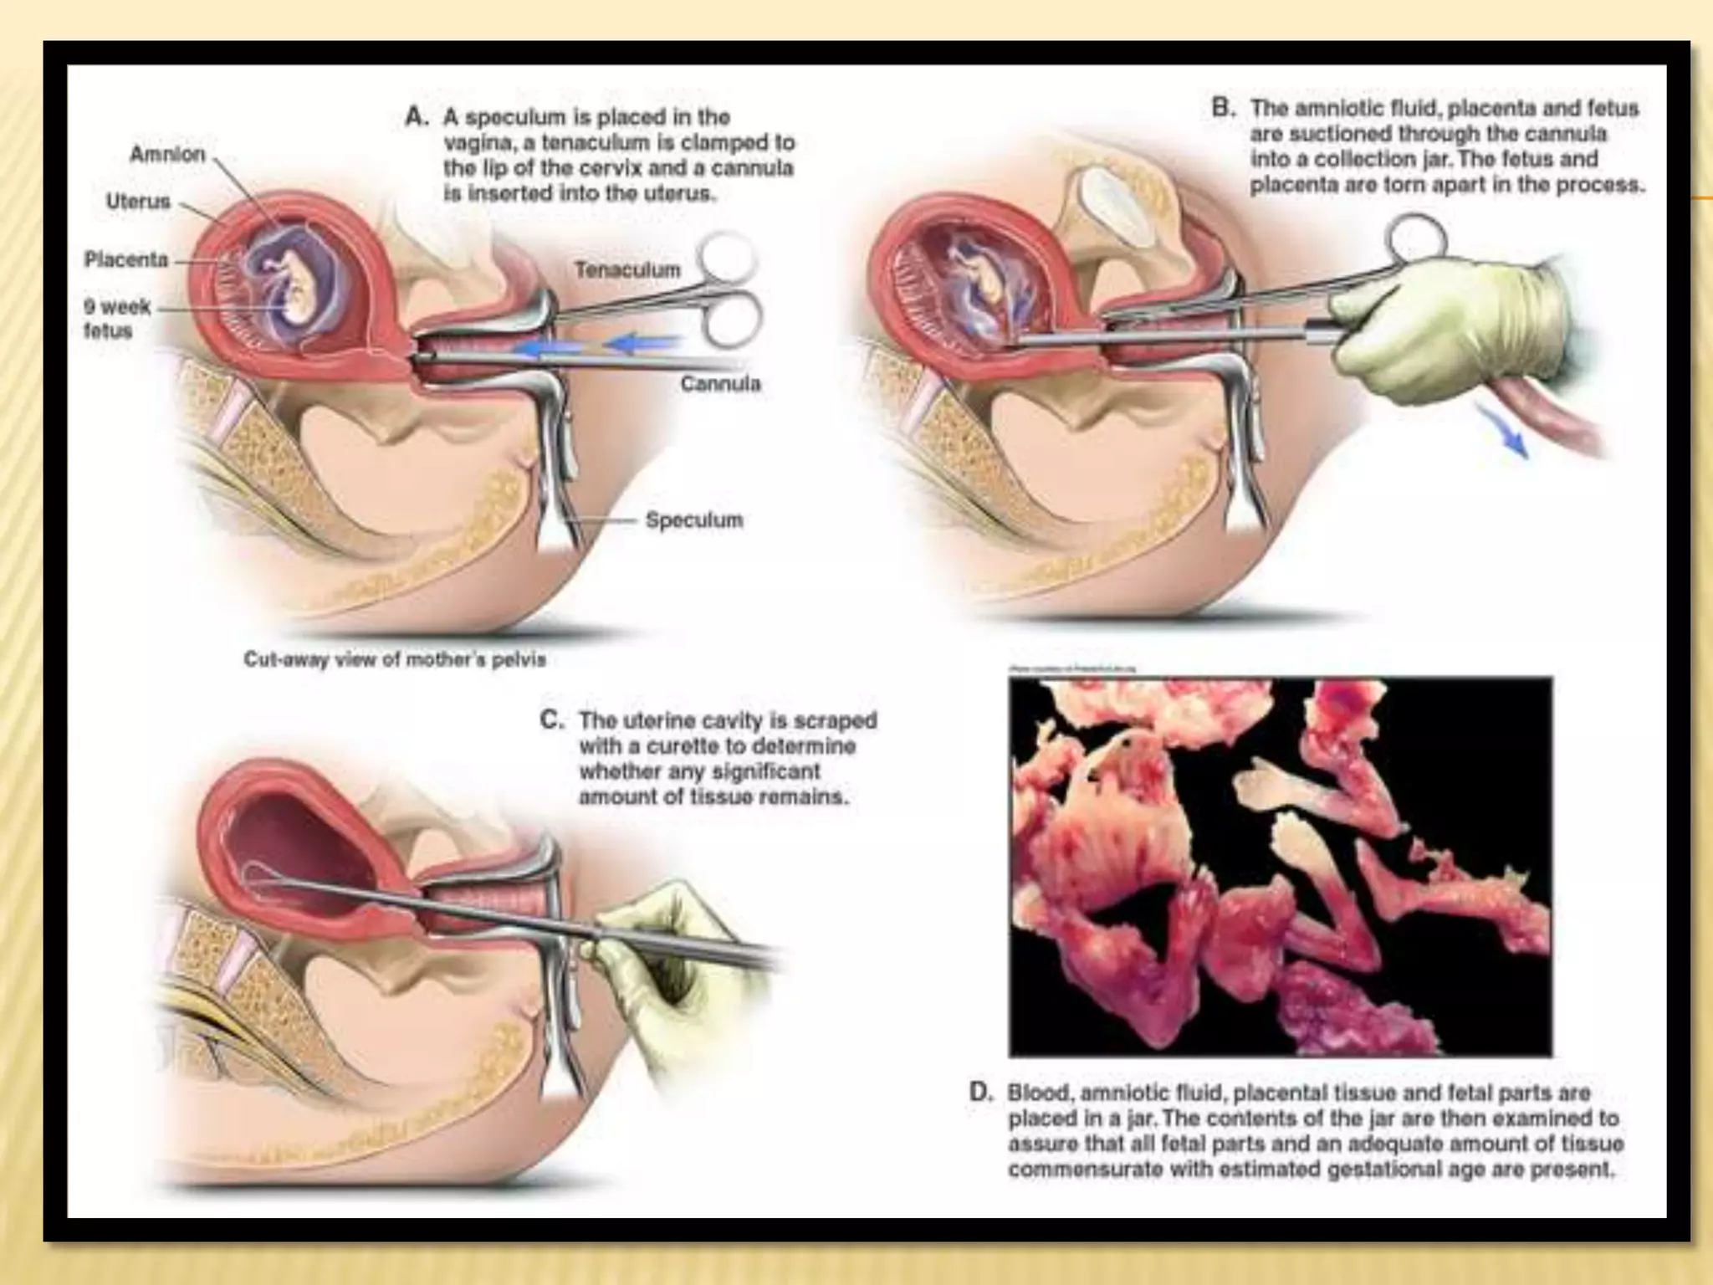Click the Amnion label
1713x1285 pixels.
(167, 155)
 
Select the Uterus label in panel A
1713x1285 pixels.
(138, 202)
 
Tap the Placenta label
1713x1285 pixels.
(126, 259)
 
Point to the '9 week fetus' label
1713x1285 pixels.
(116, 318)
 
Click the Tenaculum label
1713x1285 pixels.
(627, 270)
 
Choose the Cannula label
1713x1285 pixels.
(720, 384)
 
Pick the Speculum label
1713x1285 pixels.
(693, 520)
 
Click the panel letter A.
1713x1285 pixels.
(417, 117)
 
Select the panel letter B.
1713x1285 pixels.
(1224, 109)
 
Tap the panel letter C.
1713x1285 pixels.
(552, 720)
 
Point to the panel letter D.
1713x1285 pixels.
(981, 1093)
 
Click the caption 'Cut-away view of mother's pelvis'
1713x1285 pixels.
(394, 659)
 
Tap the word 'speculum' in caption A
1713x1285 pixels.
(519, 117)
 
